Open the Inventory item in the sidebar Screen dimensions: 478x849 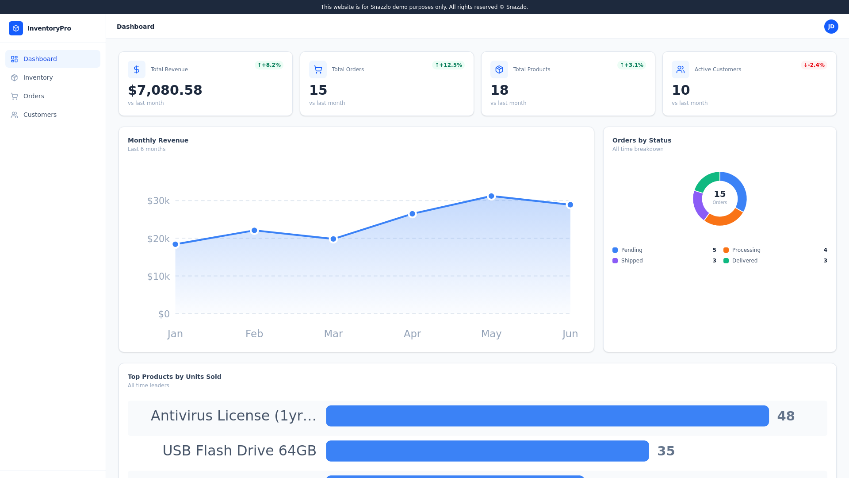tap(38, 77)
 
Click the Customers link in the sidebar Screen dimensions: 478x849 tap(40, 115)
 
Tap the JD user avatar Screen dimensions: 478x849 tap(831, 27)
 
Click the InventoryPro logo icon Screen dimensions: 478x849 tap(16, 28)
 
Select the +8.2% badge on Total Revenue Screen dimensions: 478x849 tap(269, 65)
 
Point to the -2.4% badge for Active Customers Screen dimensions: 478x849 tap(814, 65)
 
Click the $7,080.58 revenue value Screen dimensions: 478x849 tap(165, 90)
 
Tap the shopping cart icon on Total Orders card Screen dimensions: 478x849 tap(318, 69)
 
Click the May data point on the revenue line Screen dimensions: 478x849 tap(491, 196)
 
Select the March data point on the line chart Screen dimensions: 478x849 tap(333, 239)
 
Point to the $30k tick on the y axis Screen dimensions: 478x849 tap(158, 201)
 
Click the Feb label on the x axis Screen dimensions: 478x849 tap(254, 334)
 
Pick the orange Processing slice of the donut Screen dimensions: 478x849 tap(723, 217)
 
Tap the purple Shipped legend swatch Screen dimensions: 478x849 tap(615, 261)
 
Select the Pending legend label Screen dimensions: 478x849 tap(631, 250)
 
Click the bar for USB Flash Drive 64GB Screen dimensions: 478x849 tap(487, 451)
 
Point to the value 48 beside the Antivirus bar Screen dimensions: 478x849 tap(786, 416)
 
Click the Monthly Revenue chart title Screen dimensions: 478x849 tap(158, 140)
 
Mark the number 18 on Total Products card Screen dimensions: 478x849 tap(499, 90)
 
